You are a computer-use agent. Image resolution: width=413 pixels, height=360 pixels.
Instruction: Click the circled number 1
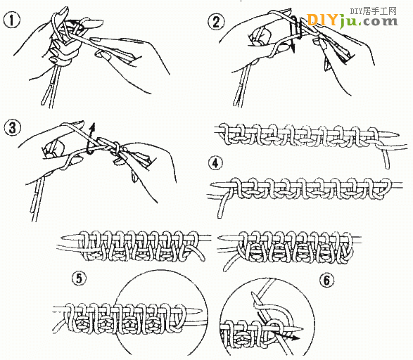[12, 20]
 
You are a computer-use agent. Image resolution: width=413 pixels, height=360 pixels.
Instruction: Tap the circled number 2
[216, 22]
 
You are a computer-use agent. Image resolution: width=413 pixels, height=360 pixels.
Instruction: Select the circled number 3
[12, 128]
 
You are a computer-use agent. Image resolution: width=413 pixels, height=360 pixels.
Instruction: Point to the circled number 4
[215, 163]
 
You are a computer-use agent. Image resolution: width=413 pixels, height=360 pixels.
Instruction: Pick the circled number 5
[80, 278]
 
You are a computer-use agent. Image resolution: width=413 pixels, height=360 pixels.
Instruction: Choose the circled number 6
[327, 280]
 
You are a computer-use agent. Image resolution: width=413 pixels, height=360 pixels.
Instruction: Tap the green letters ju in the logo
[348, 22]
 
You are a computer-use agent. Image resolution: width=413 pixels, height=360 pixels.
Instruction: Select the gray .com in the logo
[378, 22]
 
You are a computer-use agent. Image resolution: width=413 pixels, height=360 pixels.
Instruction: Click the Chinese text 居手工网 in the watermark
[379, 11]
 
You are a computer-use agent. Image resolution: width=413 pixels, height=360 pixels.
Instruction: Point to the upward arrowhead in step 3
[92, 127]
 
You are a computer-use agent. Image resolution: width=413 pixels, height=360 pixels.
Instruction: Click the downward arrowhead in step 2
[292, 47]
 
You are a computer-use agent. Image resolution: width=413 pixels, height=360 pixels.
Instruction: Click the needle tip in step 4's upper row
[400, 135]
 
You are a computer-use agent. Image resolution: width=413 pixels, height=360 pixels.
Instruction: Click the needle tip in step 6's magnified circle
[303, 328]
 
